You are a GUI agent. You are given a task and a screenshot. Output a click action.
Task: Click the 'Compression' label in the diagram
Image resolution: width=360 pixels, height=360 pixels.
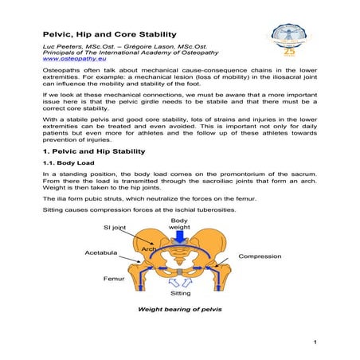260,256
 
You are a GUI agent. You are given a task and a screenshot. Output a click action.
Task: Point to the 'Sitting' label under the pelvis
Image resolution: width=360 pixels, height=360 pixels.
182,292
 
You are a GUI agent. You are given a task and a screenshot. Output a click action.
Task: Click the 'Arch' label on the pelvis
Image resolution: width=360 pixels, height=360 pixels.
149,249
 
